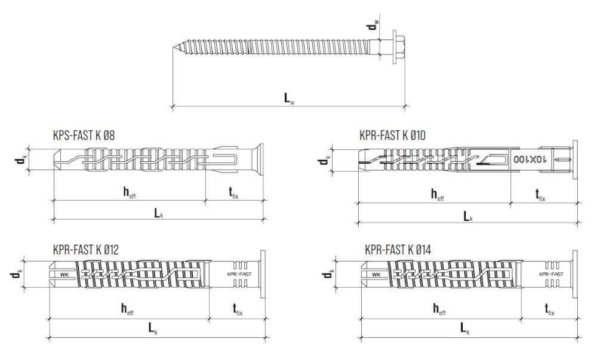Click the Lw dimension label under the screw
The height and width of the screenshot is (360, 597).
click(x=289, y=98)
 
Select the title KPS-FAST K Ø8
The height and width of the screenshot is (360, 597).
click(x=84, y=135)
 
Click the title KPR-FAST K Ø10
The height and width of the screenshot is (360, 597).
click(x=392, y=135)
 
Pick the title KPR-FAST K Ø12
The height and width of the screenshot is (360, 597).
click(x=85, y=250)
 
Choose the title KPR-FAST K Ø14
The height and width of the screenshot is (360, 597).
click(x=398, y=250)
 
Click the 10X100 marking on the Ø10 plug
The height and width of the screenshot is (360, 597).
click(x=530, y=159)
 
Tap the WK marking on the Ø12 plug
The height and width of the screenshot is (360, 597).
click(x=63, y=274)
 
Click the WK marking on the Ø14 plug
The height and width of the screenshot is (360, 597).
click(x=376, y=274)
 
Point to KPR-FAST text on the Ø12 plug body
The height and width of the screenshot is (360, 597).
click(x=239, y=274)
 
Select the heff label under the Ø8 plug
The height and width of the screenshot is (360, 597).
click(x=129, y=192)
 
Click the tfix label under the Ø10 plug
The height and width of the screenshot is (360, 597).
click(x=540, y=195)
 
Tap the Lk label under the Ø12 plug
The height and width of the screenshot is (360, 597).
click(x=153, y=328)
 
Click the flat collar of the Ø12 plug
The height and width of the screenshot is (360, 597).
click(x=263, y=274)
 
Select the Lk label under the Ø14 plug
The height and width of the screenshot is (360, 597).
click(x=465, y=328)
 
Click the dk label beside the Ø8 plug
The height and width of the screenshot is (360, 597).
click(x=21, y=159)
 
